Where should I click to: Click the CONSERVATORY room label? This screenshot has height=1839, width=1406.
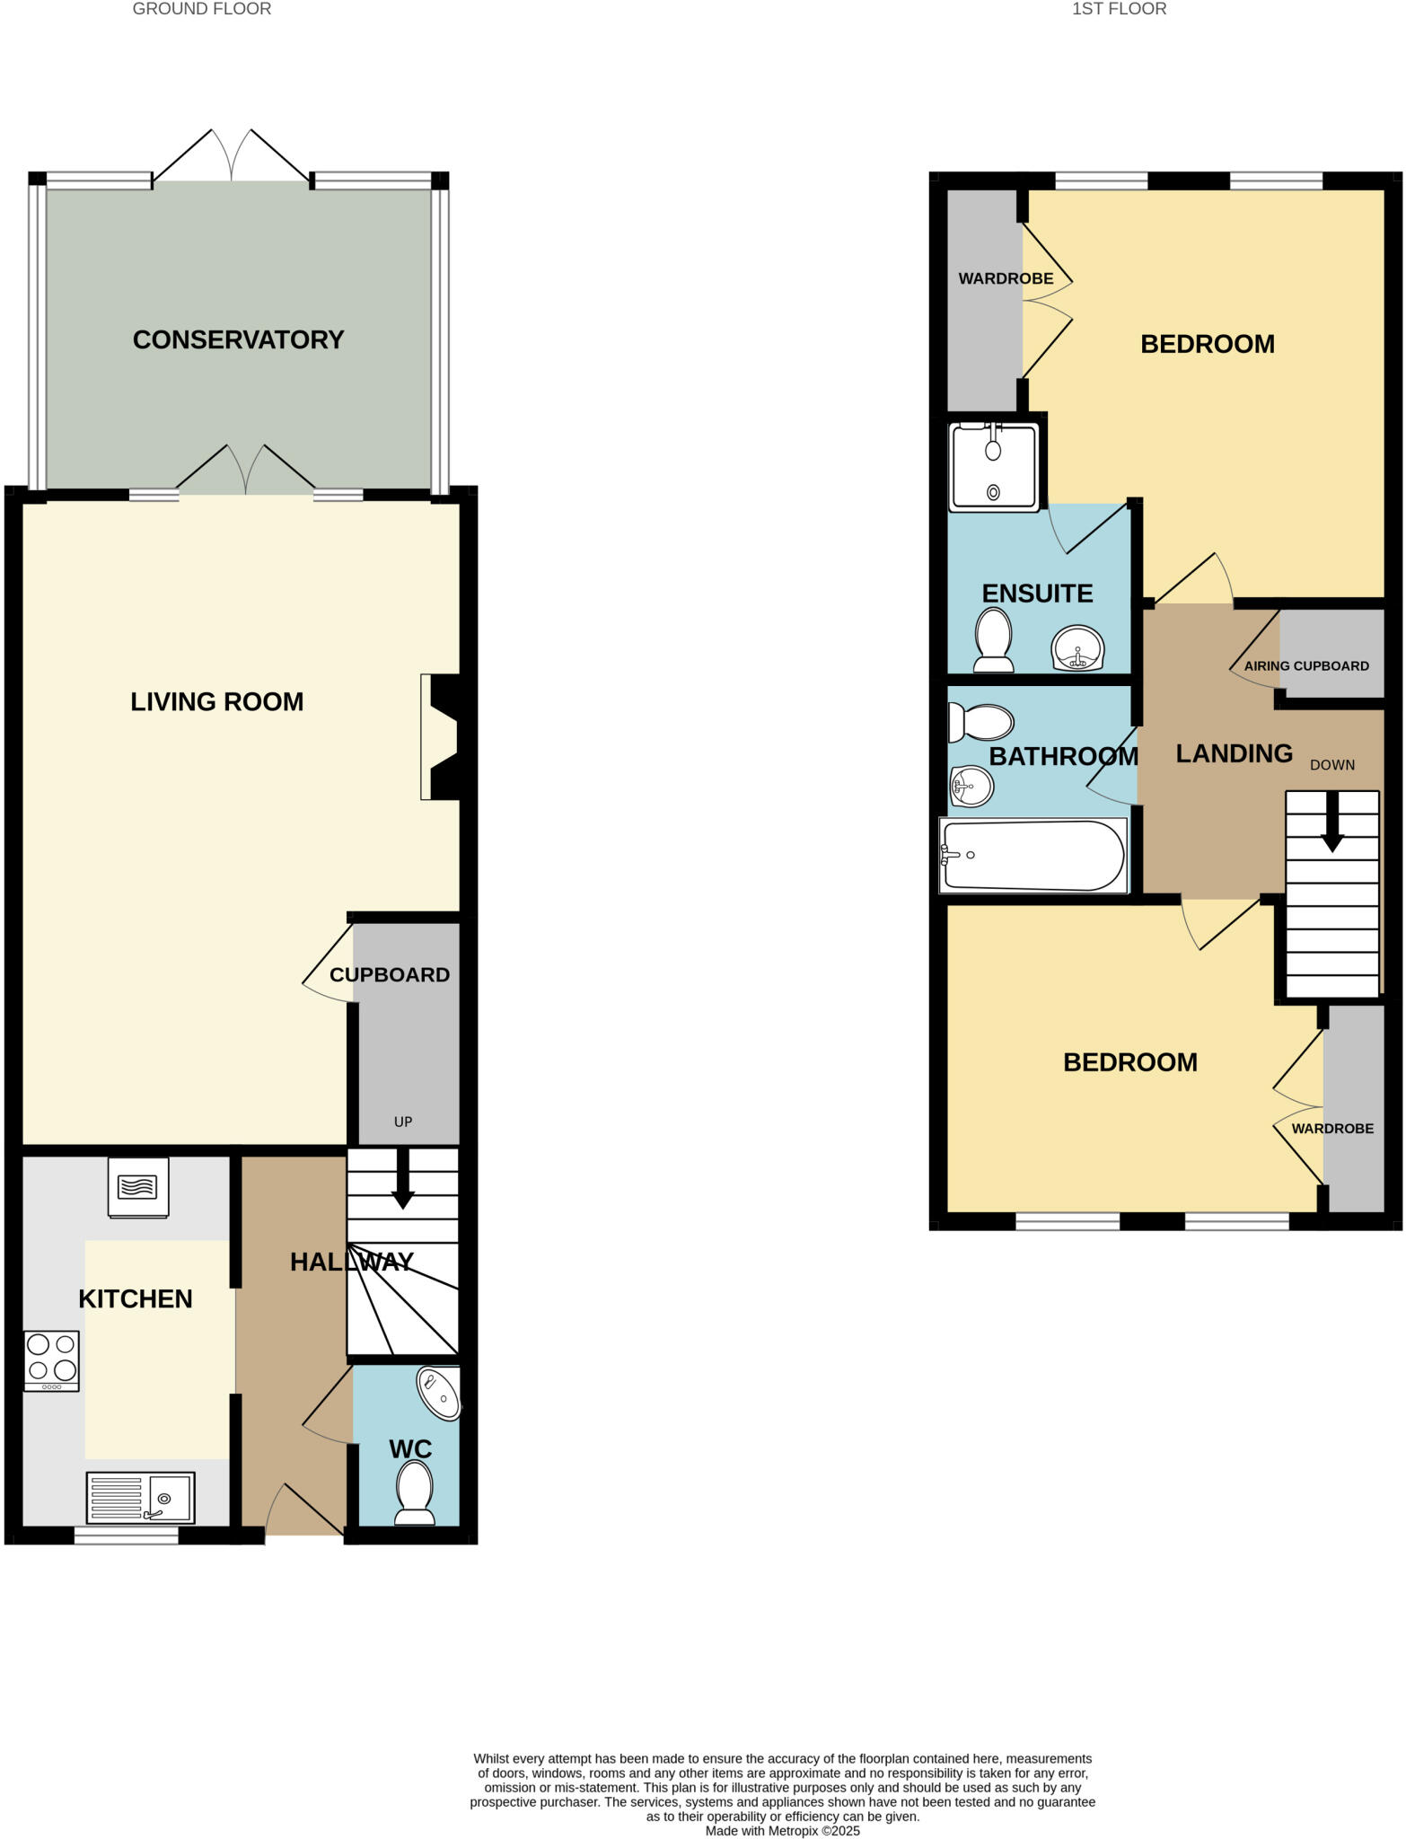[238, 339]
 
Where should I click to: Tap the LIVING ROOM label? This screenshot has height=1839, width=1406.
[216, 701]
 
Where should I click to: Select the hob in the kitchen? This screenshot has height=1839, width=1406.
[52, 1360]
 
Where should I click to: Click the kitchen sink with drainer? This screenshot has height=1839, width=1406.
[140, 1497]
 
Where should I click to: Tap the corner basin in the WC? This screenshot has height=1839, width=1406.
[439, 1393]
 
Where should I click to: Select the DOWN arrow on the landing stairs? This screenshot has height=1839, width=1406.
[1332, 823]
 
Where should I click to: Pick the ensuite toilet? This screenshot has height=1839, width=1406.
[993, 639]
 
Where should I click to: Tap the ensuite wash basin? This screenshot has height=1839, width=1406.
[1077, 647]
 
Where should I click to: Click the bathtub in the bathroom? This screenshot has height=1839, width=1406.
[1033, 856]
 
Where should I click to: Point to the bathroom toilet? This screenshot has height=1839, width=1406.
[981, 722]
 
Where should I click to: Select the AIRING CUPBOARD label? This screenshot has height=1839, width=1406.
[1305, 666]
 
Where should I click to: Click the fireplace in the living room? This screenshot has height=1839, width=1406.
[441, 737]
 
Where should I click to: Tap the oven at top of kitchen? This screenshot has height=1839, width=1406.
[137, 1186]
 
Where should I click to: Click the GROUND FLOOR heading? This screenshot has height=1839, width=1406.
[201, 9]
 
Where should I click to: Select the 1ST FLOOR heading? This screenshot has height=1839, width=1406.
[1119, 9]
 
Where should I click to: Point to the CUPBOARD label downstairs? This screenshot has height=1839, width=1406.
[389, 975]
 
